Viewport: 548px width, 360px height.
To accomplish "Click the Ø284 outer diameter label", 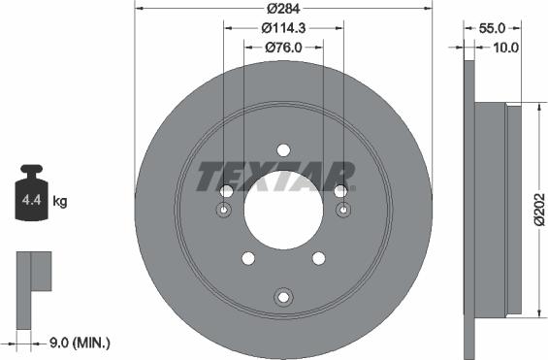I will [x=282, y=10].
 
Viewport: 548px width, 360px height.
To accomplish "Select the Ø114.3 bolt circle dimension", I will [x=282, y=28].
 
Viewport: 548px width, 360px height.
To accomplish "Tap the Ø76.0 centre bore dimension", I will [x=282, y=47].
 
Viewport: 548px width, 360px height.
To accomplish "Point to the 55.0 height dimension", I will [x=495, y=28].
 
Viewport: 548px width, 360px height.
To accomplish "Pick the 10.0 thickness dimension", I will [x=504, y=47].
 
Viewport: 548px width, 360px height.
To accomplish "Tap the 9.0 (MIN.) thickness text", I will [x=79, y=343].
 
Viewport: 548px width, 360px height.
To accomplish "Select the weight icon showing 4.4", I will [x=31, y=198].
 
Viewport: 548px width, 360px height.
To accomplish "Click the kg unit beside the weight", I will [x=60, y=202].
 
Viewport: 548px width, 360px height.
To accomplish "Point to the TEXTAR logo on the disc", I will [x=275, y=177].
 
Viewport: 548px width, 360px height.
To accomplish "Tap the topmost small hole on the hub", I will [x=283, y=149].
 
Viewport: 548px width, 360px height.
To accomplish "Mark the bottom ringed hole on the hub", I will [x=283, y=296].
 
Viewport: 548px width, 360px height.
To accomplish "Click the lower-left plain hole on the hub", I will [x=248, y=257].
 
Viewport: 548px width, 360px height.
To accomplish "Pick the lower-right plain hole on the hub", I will [x=318, y=257].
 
